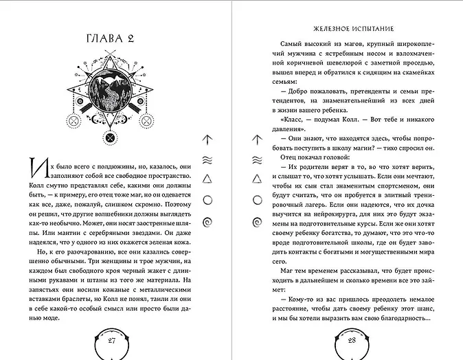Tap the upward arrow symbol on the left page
[x=207, y=139]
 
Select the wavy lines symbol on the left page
[x=207, y=159]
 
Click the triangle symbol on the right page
[x=258, y=179]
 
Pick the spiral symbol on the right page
[x=258, y=221]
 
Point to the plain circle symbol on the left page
[x=207, y=200]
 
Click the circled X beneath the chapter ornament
[x=109, y=137]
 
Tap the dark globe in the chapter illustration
[x=109, y=88]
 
